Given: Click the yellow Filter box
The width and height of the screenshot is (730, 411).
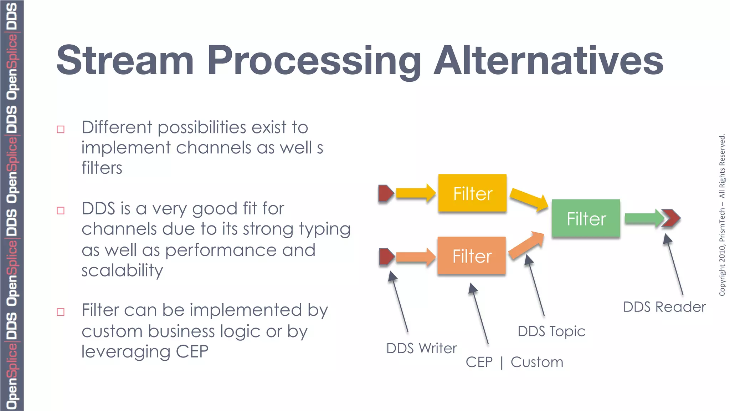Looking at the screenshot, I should pyautogui.click(x=472, y=193).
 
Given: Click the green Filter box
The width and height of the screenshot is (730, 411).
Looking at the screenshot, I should pyautogui.click(x=586, y=218).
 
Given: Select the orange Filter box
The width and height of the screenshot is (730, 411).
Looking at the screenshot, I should pyautogui.click(x=472, y=255).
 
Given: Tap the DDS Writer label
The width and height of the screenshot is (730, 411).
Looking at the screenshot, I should pyautogui.click(x=421, y=348).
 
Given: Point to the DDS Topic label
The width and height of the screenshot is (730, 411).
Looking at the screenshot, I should pyautogui.click(x=551, y=331).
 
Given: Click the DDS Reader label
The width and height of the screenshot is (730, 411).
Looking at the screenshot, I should pyautogui.click(x=664, y=307).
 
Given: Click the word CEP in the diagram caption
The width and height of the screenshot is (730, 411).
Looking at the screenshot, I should pyautogui.click(x=479, y=362).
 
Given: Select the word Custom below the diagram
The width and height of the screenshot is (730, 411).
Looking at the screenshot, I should pyautogui.click(x=537, y=362).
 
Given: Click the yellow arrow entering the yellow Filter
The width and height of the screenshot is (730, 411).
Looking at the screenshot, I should pyautogui.click(x=416, y=193).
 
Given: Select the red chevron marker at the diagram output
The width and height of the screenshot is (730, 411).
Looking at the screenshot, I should pyautogui.click(x=671, y=218).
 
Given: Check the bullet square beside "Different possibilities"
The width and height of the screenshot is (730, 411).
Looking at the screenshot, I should pyautogui.click(x=61, y=129).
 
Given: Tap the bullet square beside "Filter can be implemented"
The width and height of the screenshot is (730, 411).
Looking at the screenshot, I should pyautogui.click(x=61, y=312).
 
